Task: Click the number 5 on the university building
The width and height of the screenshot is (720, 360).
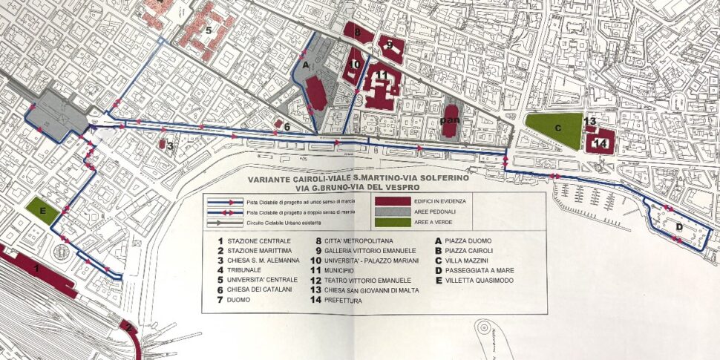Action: click(x=209, y=30)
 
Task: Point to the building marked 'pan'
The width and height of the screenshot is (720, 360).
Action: click(x=448, y=120)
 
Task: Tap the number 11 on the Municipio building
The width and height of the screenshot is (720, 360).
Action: click(x=381, y=76)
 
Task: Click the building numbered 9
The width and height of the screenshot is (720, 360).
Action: click(x=390, y=46)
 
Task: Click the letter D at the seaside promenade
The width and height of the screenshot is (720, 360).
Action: click(x=678, y=226)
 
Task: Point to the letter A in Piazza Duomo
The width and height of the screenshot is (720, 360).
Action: click(x=306, y=65)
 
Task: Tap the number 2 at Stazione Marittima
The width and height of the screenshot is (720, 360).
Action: click(x=128, y=327)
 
